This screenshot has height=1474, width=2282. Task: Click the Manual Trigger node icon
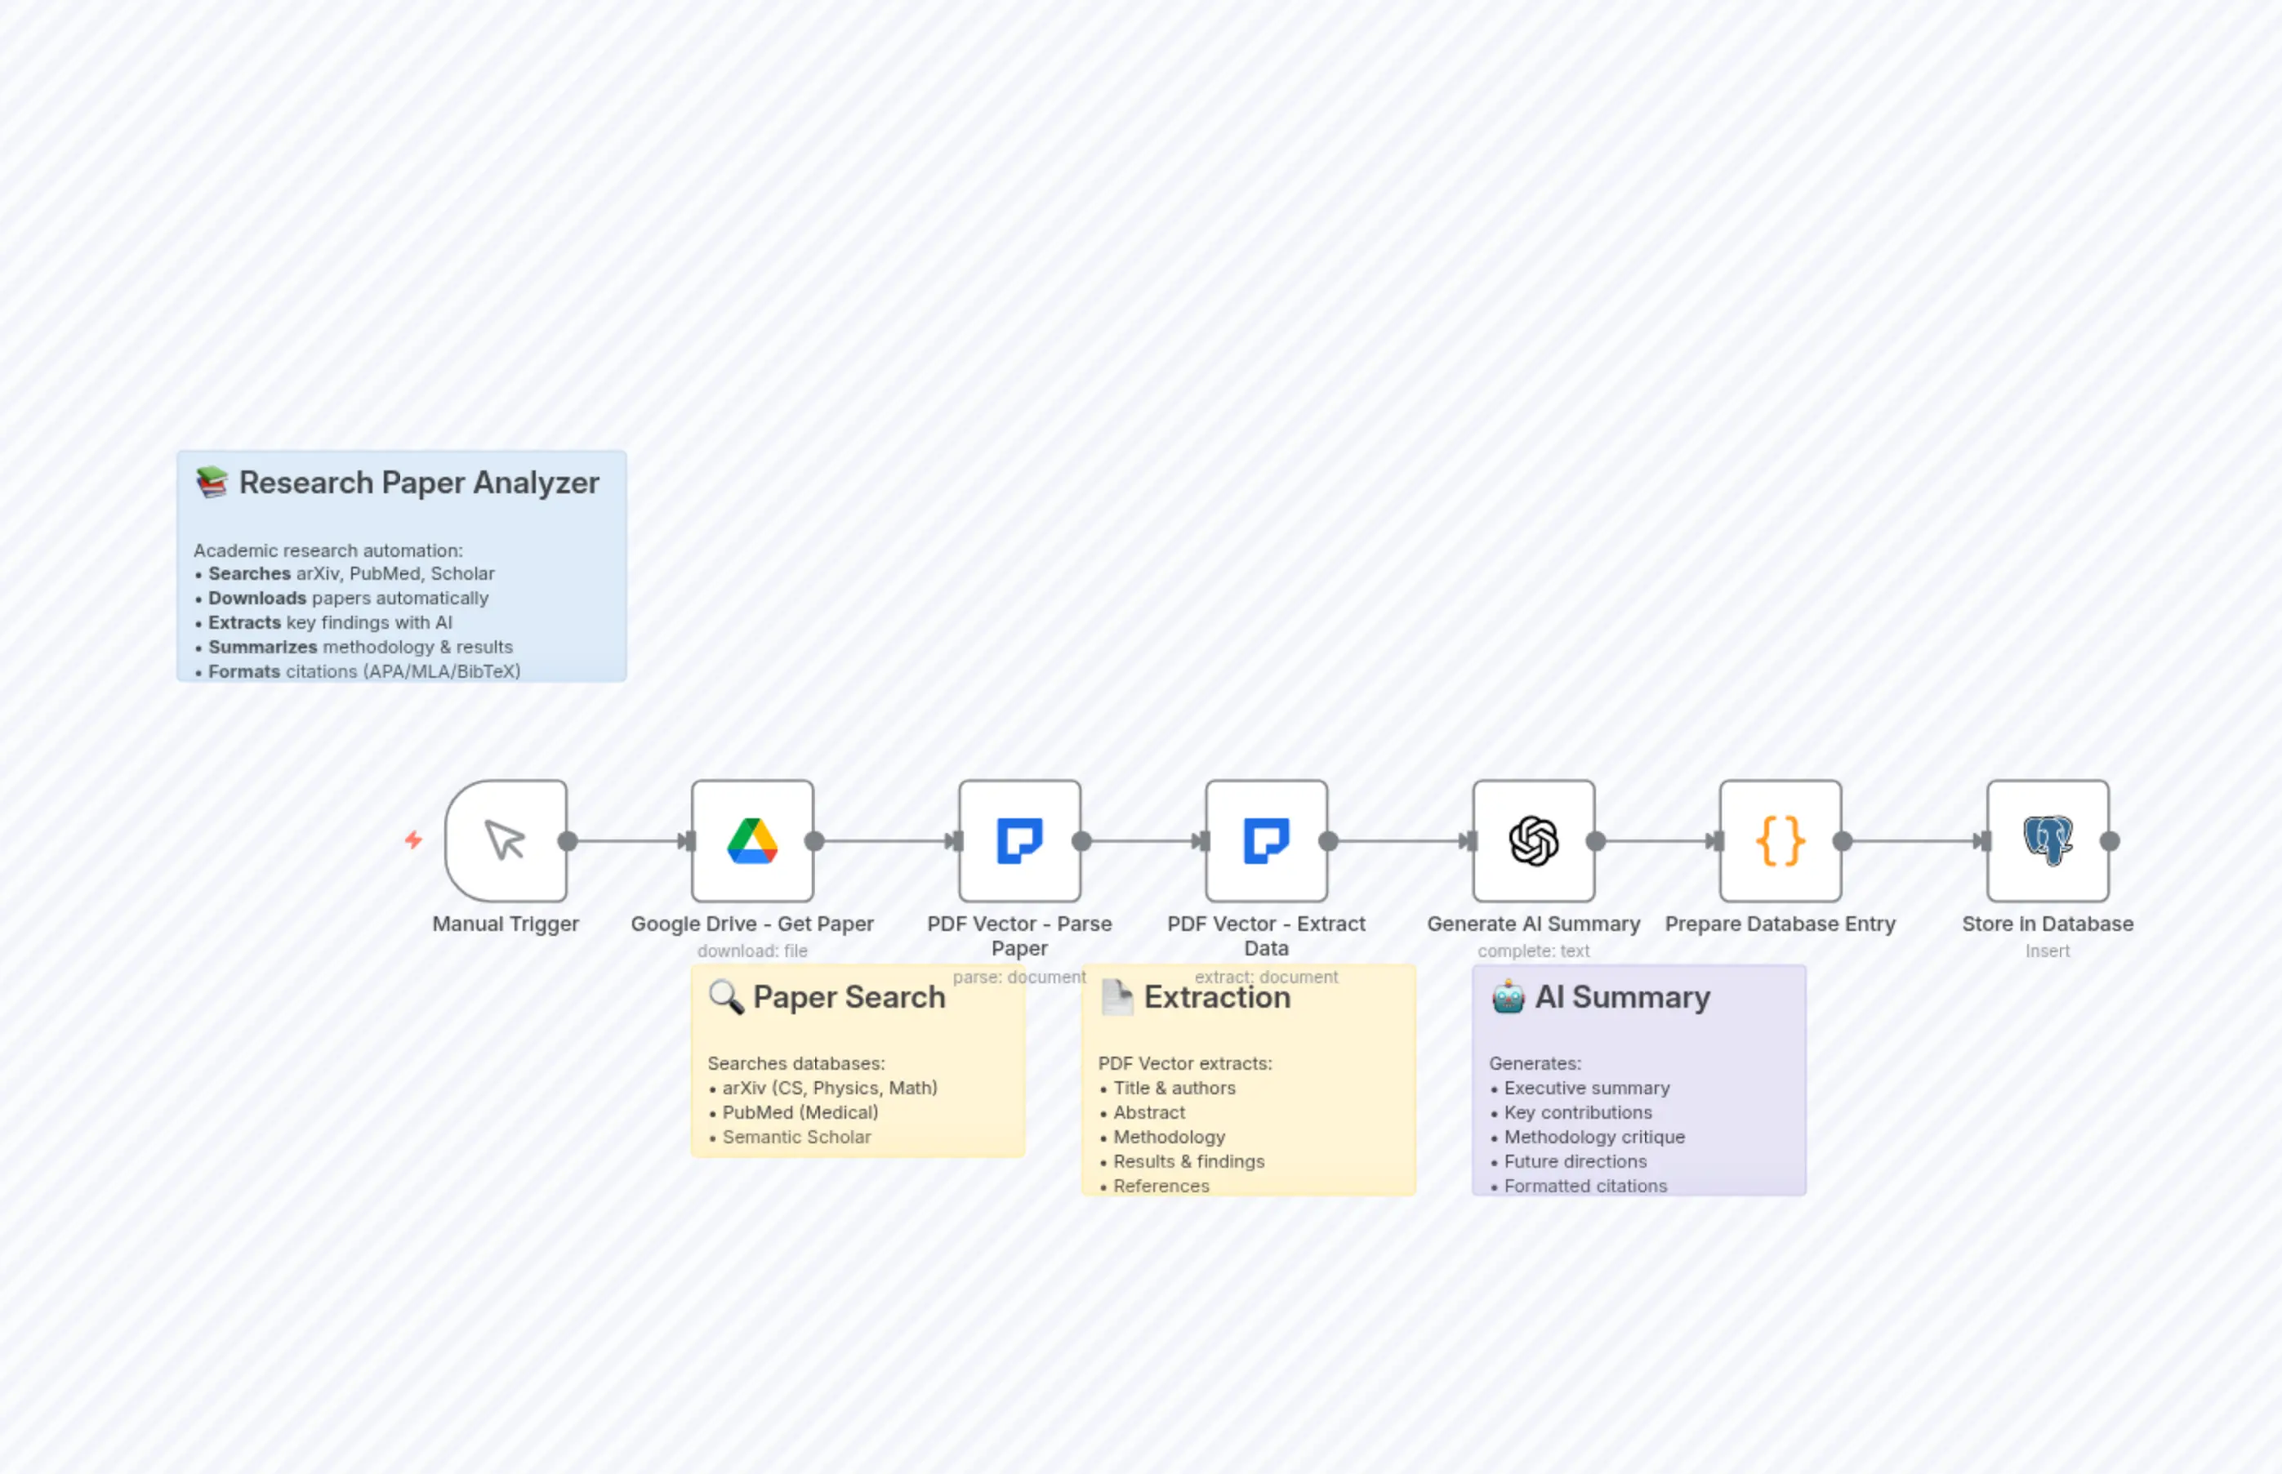tap(505, 840)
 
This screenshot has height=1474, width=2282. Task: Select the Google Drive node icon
tap(752, 840)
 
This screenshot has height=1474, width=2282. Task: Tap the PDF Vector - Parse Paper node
tap(1019, 840)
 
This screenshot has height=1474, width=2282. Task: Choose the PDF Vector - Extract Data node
tap(1267, 840)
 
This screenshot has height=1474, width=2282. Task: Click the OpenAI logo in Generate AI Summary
tap(1534, 840)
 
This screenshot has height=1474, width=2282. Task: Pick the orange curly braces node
tap(1781, 840)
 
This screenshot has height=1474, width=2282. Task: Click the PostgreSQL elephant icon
tap(2048, 840)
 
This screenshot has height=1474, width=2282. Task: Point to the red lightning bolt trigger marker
tap(413, 839)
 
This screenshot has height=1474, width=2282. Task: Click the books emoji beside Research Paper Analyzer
tap(212, 483)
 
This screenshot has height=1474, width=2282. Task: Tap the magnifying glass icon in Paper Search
tap(725, 997)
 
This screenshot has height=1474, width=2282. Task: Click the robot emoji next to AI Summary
tap(1508, 997)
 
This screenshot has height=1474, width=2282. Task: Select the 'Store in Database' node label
tap(2048, 924)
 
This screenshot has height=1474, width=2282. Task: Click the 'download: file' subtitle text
tap(752, 951)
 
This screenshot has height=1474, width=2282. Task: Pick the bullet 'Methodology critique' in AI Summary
tap(1593, 1137)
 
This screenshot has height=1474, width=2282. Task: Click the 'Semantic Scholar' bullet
tap(796, 1137)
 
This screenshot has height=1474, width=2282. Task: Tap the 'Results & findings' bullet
tap(1188, 1161)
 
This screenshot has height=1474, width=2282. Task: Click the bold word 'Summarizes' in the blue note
tap(262, 647)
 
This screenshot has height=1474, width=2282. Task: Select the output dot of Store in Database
tap(2110, 841)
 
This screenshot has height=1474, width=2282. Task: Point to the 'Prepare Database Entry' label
tap(1781, 924)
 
